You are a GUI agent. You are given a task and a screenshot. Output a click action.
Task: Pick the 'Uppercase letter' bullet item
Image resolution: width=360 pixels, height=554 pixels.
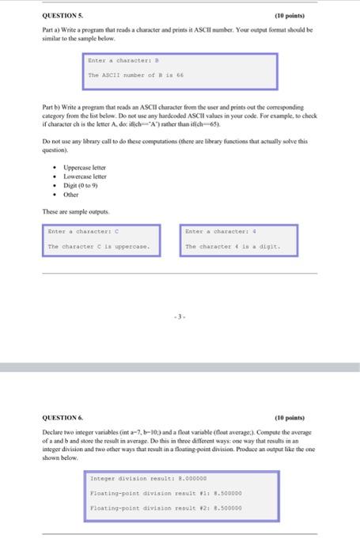coord(85,168)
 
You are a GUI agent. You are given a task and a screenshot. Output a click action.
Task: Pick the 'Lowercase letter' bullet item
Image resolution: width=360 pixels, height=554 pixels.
coord(85,176)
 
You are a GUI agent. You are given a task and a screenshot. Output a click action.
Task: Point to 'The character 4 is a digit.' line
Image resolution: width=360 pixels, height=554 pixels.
coord(231,247)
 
